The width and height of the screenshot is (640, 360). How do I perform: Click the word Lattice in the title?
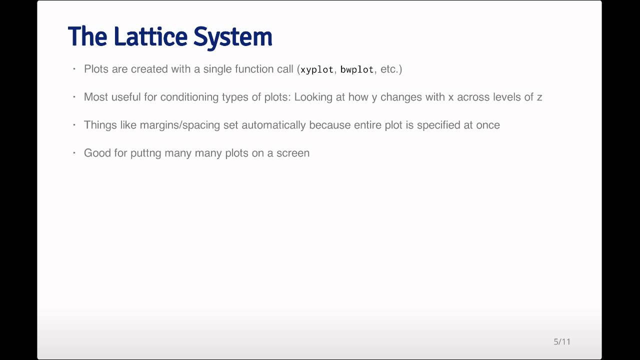150,36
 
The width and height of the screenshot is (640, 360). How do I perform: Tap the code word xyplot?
317,69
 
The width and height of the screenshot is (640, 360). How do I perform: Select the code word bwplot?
357,69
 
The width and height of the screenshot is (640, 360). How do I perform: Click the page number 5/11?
562,341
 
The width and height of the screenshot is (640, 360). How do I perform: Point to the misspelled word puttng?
146,153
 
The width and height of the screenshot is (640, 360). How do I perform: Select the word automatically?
273,125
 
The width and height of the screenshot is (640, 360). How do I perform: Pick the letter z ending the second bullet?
539,97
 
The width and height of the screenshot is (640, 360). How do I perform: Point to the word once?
488,125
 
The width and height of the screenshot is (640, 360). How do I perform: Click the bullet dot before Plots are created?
74,68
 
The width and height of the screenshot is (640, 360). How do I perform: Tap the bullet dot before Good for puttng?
74,152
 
